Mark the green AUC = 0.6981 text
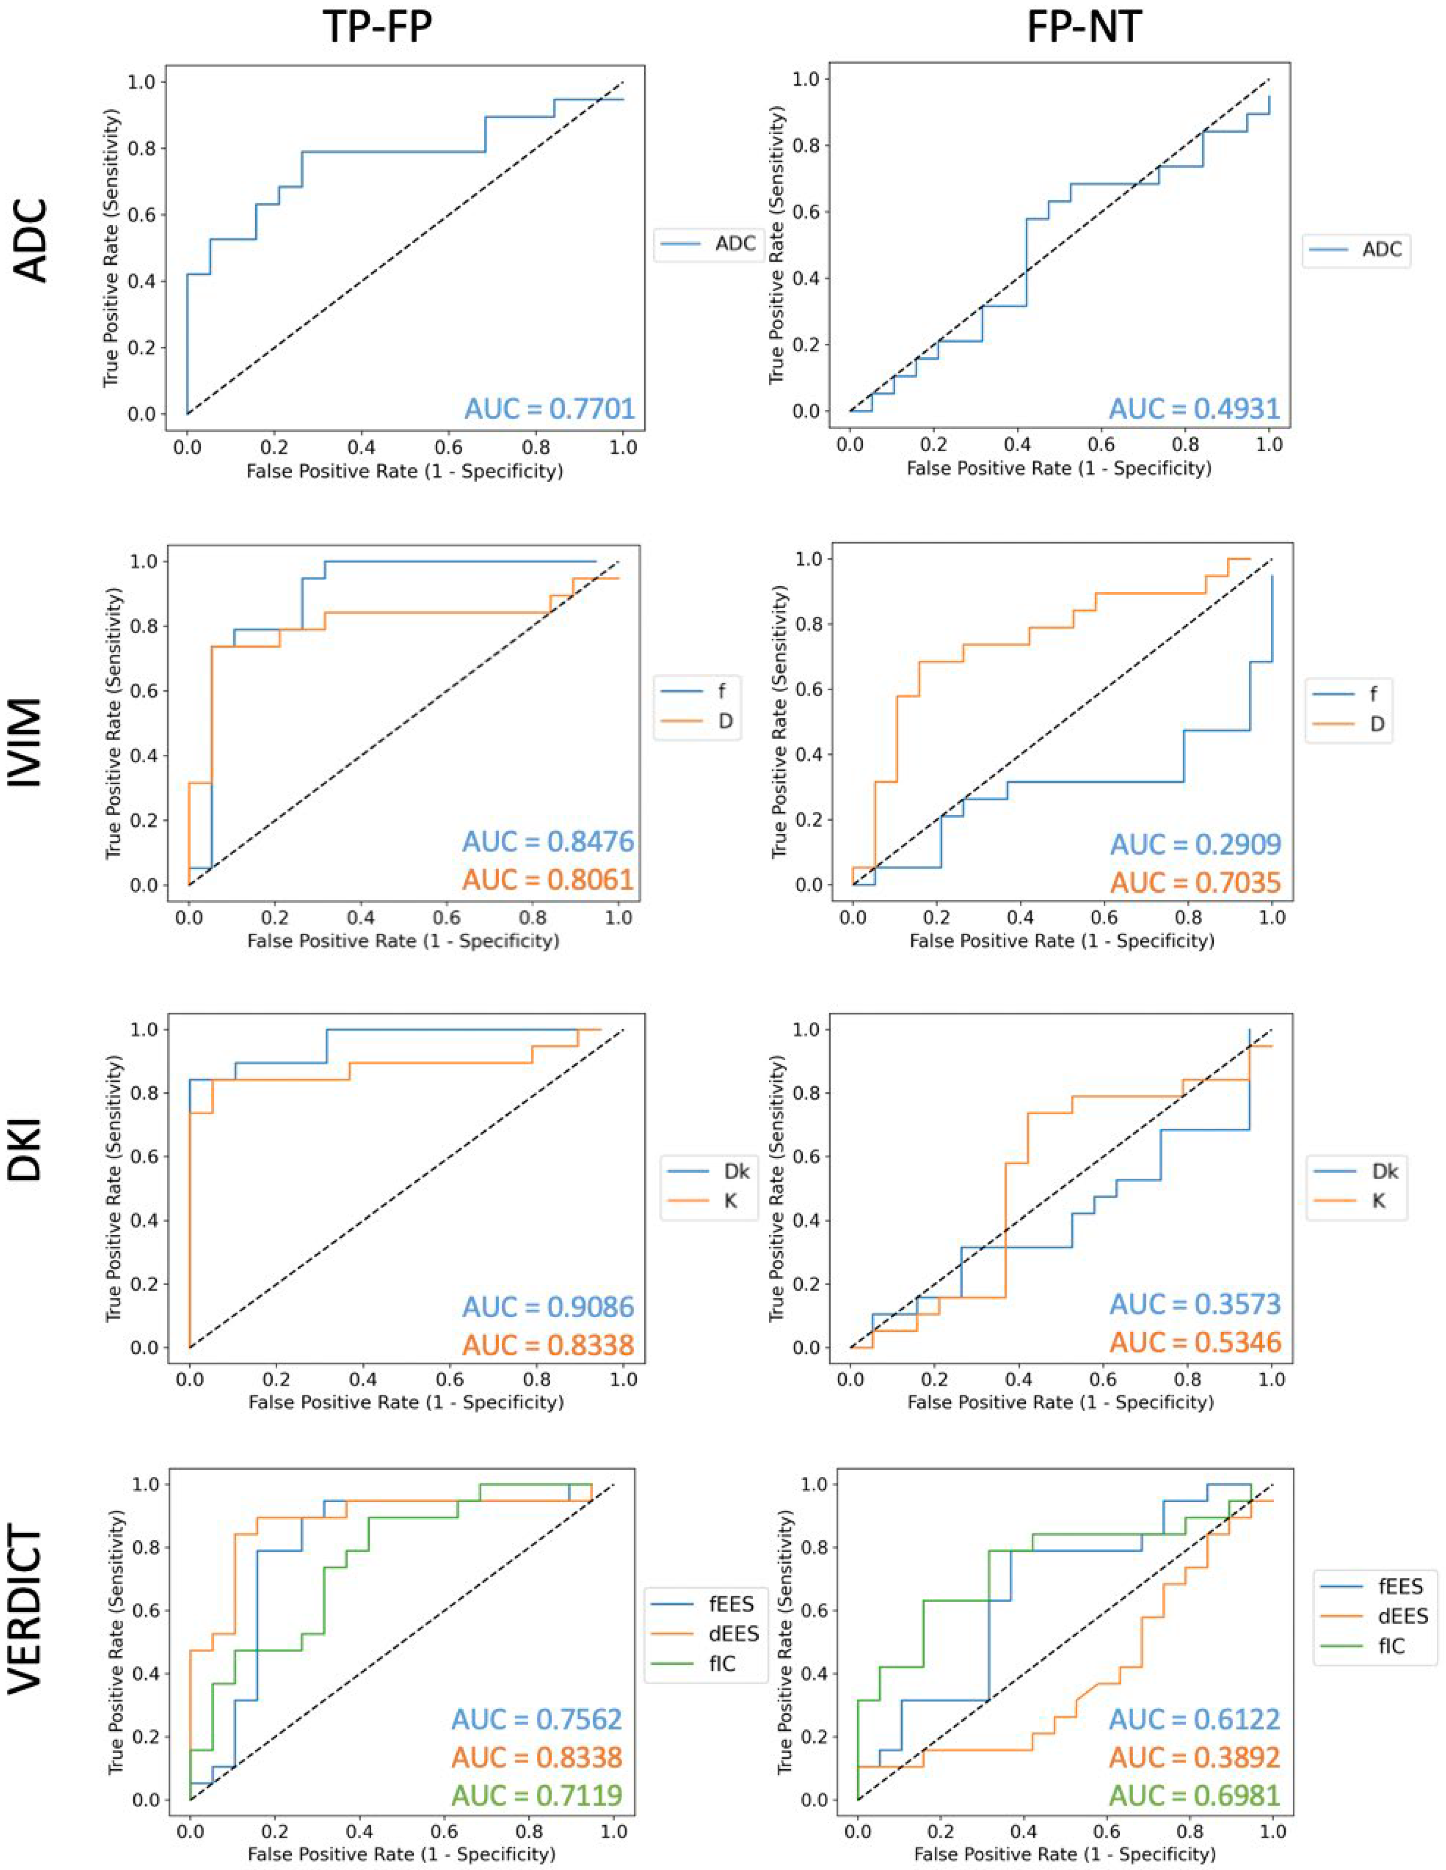[x=1194, y=1795]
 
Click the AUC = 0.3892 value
[x=1194, y=1758]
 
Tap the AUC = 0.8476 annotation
[x=548, y=842]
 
